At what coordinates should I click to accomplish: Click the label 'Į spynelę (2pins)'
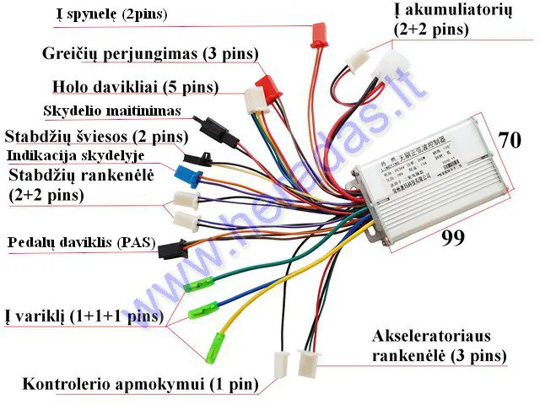[x=111, y=14]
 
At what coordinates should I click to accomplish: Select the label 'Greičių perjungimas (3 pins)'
[x=150, y=54]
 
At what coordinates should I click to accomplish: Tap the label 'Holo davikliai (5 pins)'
[x=135, y=87]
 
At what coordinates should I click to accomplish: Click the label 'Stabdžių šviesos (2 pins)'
[x=95, y=137]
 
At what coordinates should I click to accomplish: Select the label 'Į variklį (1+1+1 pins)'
[x=83, y=316]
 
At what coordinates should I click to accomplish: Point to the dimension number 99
[x=454, y=238]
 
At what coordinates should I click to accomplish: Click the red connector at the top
[x=319, y=33]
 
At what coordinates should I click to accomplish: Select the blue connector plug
[x=184, y=175]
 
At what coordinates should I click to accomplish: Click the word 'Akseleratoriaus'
[x=430, y=336]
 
